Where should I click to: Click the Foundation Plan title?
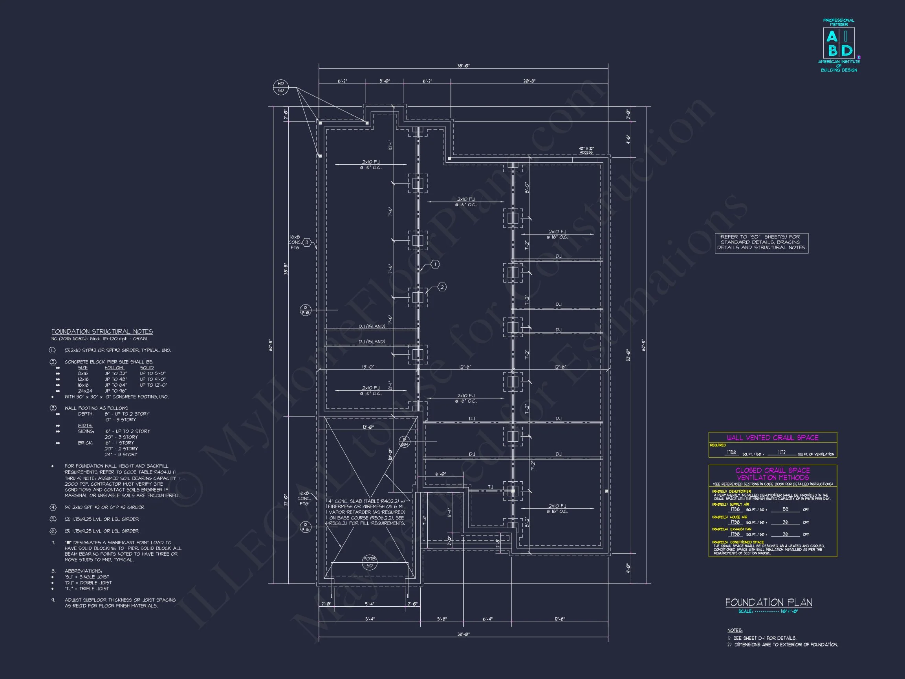click(768, 602)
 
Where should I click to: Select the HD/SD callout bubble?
click(281, 87)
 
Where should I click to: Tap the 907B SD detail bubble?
click(370, 562)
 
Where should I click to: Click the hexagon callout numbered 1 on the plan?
click(435, 264)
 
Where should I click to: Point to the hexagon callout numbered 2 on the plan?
click(442, 287)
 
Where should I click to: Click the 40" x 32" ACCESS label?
click(586, 150)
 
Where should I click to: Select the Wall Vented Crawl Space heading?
click(773, 437)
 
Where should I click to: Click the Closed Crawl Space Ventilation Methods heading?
click(773, 474)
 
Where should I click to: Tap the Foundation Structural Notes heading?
click(102, 332)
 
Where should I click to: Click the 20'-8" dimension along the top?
click(529, 81)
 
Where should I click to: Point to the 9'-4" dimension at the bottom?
click(370, 604)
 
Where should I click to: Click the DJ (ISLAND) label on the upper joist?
click(372, 326)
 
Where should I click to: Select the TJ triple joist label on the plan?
click(491, 487)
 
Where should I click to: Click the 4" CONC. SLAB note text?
click(367, 512)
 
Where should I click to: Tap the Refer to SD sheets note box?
click(761, 242)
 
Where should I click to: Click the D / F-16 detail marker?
click(305, 527)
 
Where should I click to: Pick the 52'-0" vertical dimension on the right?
click(628, 354)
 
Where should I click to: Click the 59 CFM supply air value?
click(785, 510)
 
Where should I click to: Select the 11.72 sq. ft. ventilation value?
click(781, 452)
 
